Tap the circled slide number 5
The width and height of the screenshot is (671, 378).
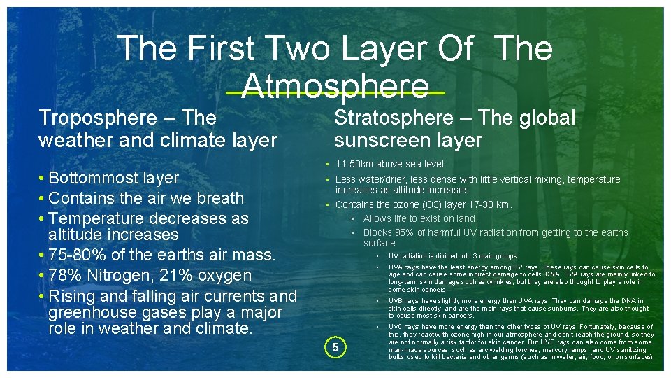click(335, 347)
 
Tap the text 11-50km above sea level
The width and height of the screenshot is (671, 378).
click(389, 164)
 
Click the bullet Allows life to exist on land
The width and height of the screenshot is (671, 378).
click(420, 219)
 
